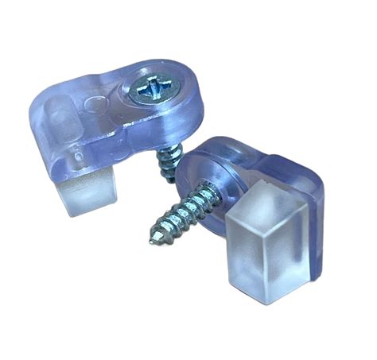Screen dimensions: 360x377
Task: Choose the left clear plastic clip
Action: (x=111, y=119)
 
